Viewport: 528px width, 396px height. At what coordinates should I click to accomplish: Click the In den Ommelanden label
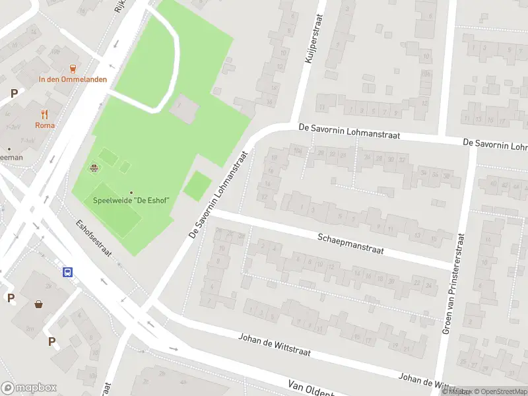73,79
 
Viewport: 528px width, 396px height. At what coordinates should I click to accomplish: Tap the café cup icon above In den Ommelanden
73,68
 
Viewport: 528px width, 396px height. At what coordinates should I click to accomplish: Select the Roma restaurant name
45,125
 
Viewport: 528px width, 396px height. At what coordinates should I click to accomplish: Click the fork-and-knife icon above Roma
45,114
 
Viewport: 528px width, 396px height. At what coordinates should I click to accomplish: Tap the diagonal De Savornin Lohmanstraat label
218,195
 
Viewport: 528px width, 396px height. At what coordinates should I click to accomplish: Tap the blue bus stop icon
67,272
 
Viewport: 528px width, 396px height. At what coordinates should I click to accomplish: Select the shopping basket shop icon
39,304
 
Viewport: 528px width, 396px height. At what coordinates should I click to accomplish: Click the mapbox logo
29,387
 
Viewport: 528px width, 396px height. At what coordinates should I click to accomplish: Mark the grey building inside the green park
183,108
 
